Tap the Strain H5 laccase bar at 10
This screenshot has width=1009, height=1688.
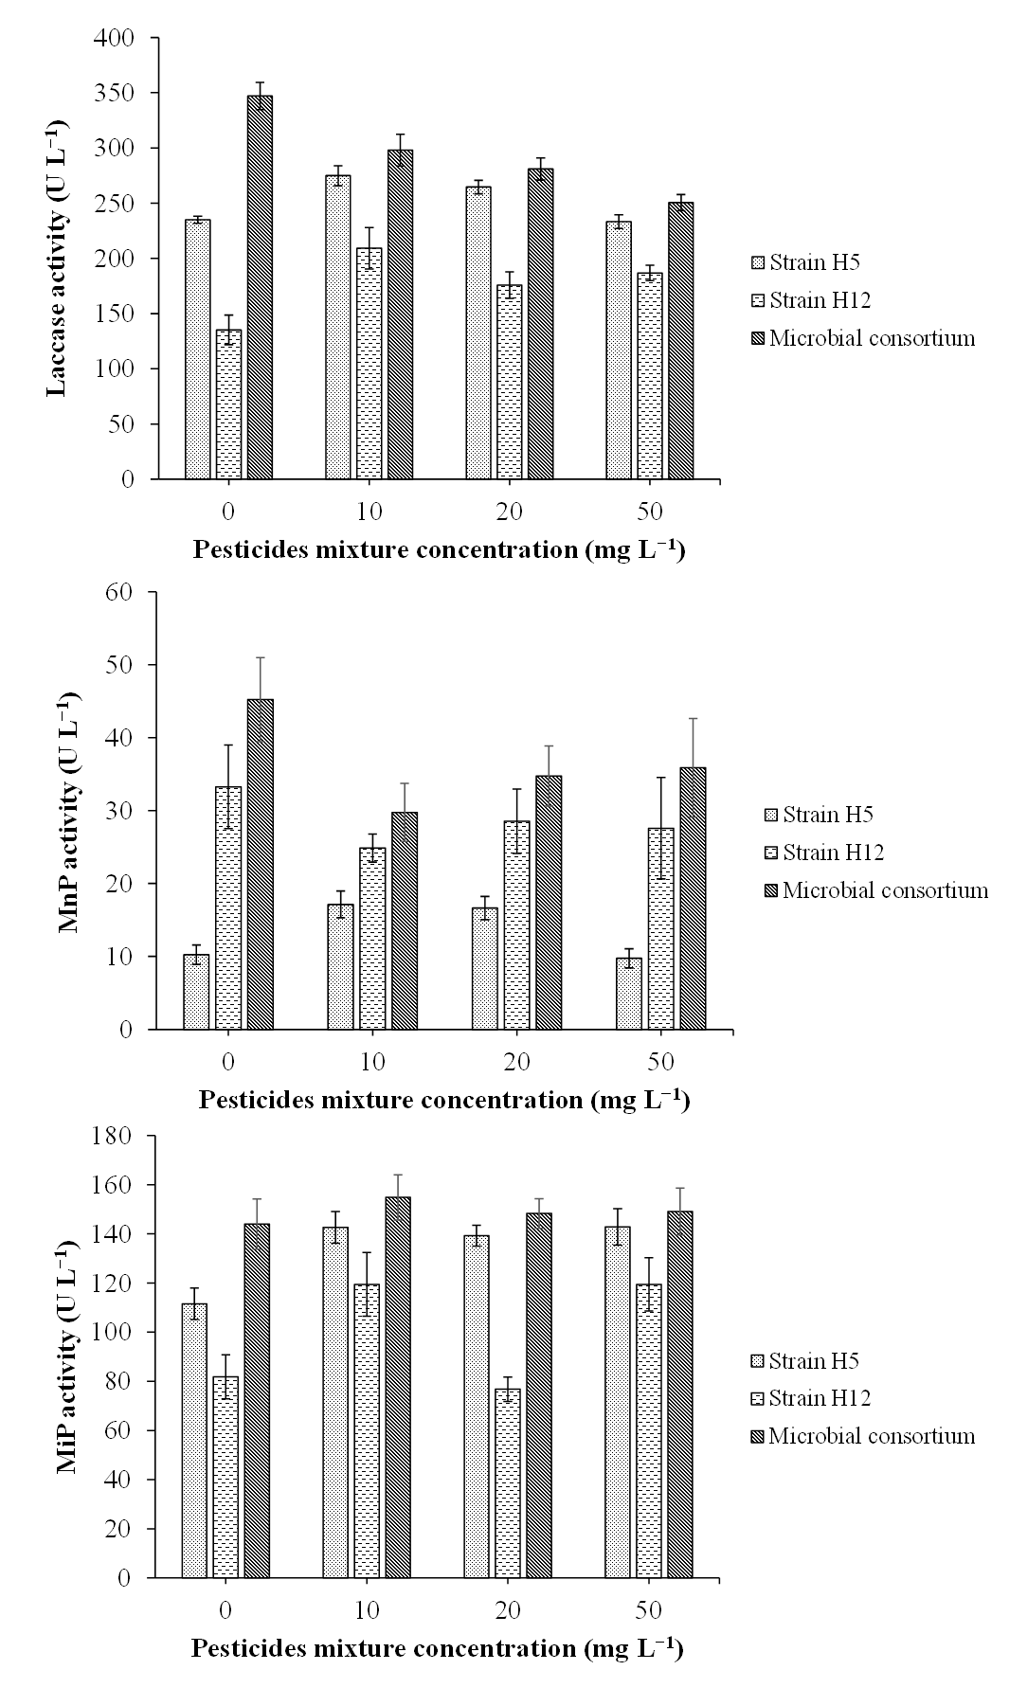tap(338, 327)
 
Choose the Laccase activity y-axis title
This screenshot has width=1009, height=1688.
tap(58, 258)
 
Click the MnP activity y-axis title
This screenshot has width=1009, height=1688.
tap(68, 812)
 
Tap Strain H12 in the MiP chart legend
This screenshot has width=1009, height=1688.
tap(819, 1398)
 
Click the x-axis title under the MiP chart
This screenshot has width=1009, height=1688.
tap(437, 1647)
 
